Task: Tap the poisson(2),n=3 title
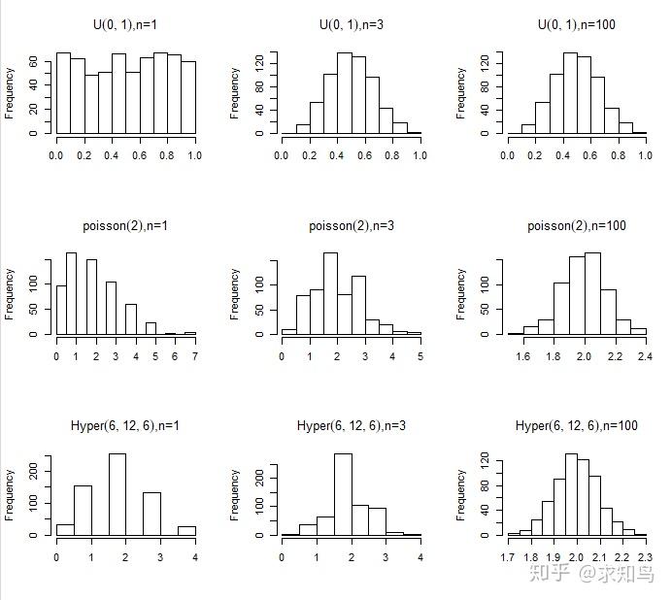(x=351, y=226)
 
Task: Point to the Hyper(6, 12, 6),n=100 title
(x=576, y=426)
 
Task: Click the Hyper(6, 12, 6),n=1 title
(x=125, y=426)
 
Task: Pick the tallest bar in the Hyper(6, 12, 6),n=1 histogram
(x=117, y=494)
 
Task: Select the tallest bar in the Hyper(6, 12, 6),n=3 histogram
(x=342, y=494)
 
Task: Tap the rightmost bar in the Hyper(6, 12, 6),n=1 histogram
(x=186, y=530)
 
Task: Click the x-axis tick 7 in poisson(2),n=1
(x=195, y=356)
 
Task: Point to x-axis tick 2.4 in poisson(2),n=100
(x=645, y=356)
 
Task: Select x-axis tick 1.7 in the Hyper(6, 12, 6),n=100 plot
(x=508, y=557)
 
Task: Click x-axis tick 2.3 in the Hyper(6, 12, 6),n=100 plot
(x=646, y=557)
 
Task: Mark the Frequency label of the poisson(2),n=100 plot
(x=459, y=294)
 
